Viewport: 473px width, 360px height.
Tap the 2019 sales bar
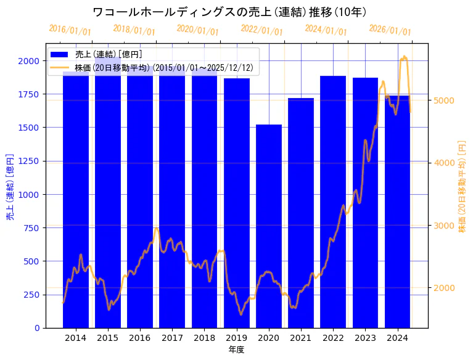(237, 203)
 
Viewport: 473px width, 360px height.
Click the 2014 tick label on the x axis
(75, 338)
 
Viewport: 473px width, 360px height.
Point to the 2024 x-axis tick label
(398, 338)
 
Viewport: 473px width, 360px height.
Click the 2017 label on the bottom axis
(172, 338)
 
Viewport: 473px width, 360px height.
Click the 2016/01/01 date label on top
(70, 30)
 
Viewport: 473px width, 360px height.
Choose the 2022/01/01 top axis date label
(262, 30)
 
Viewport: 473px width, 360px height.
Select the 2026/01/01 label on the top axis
(390, 30)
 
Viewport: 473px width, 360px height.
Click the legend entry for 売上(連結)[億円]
(104, 55)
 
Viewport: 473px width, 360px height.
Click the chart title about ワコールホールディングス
(229, 12)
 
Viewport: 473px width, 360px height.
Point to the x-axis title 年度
(236, 350)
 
